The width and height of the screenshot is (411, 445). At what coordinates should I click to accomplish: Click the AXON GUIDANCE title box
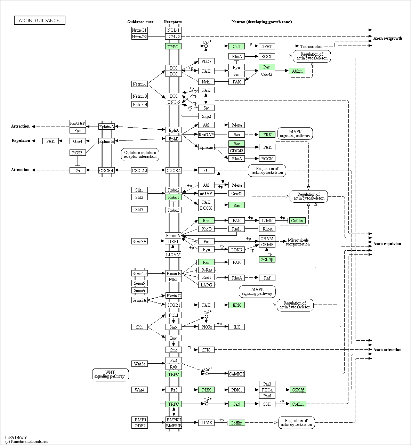39,21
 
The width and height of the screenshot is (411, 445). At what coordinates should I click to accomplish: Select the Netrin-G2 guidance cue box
139,37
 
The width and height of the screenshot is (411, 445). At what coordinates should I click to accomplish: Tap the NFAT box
267,46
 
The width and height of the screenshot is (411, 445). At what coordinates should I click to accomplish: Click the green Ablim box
297,71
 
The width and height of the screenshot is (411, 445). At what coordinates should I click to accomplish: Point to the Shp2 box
206,116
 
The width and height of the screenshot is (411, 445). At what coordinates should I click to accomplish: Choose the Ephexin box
206,147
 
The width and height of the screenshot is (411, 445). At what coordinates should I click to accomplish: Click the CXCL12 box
139,170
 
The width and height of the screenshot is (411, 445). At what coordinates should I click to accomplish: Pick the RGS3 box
78,153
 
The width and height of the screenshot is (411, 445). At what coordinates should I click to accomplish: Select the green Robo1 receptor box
174,197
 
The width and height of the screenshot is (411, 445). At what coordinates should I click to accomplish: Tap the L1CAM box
173,254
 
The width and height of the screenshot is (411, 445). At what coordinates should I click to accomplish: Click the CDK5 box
236,250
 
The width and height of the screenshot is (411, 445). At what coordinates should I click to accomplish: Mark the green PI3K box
206,390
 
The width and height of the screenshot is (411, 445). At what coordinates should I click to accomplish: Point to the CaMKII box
236,374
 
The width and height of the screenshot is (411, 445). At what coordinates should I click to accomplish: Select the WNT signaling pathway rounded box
111,374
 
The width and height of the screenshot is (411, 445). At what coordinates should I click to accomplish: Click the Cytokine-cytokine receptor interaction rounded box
140,155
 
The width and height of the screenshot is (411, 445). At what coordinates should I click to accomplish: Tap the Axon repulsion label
387,244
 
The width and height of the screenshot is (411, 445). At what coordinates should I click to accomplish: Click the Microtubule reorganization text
298,242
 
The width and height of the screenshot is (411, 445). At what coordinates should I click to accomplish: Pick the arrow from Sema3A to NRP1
156,241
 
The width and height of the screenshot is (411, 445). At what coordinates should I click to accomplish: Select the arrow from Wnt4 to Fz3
156,390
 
